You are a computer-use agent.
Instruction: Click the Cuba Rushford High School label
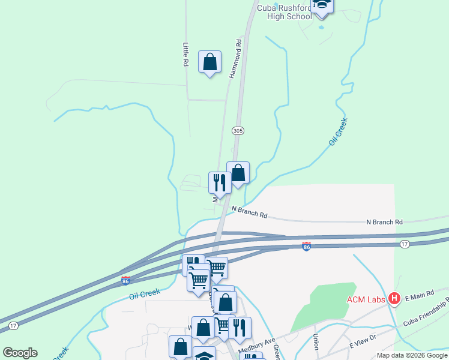coord(284,12)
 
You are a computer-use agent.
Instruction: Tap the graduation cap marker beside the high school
coord(322,5)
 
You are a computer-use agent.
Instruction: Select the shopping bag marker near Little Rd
coord(209,62)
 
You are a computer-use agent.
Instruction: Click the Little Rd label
coord(186,54)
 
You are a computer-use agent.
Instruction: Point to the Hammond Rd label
coord(235,59)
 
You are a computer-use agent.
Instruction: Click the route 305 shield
coord(238,130)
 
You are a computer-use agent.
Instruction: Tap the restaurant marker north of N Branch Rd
coord(220,183)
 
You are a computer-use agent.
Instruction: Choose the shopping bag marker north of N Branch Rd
coord(238,173)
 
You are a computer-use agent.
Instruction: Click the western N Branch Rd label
coord(250,211)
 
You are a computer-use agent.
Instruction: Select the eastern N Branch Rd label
coord(384,222)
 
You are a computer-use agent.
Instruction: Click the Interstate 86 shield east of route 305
coord(307,246)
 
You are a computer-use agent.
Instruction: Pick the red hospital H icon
coord(394,298)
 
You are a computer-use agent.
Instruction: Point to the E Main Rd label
coord(418,297)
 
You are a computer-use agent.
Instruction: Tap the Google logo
coord(20,353)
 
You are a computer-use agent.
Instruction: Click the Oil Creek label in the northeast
coord(339,131)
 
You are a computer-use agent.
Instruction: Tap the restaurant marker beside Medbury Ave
coord(240,328)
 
